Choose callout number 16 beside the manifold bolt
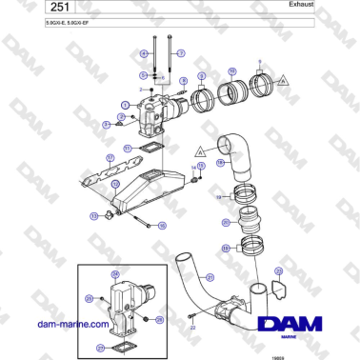tap(162, 226)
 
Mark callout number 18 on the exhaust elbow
tap(219, 163)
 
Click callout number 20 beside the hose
tap(226, 222)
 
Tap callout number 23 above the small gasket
tap(277, 270)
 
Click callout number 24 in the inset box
tap(116, 274)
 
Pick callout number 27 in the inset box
tap(100, 348)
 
